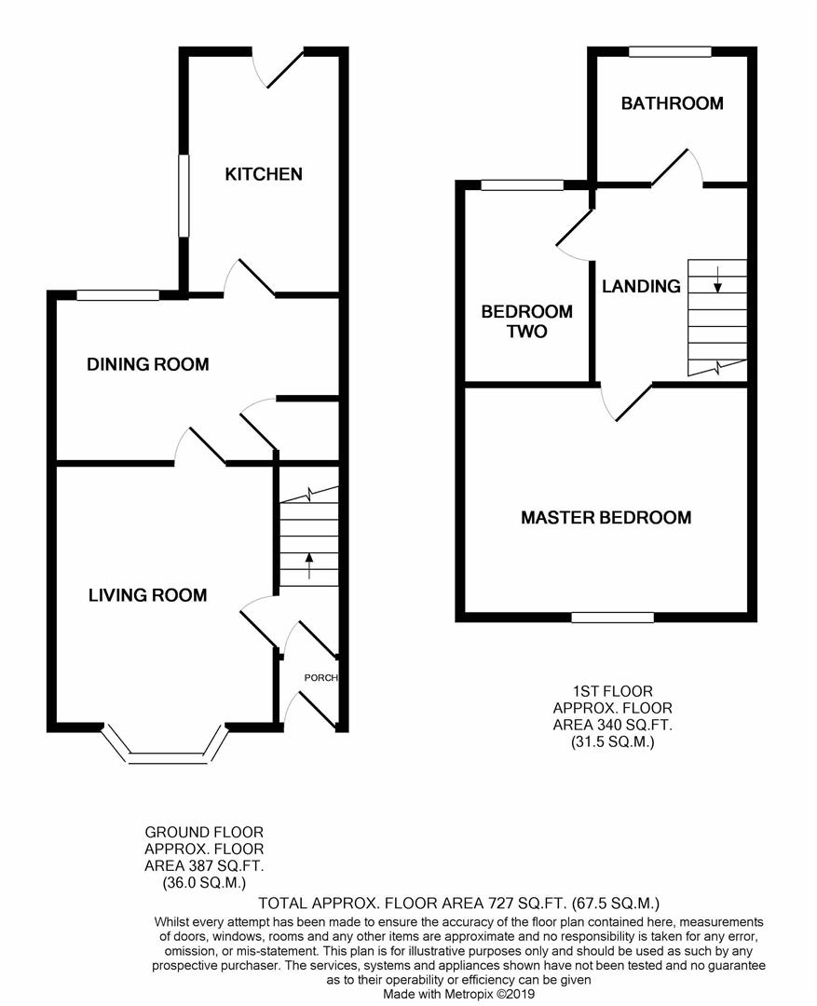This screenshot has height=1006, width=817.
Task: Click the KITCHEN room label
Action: coord(265,174)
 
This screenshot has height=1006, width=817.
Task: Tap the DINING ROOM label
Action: coord(147,364)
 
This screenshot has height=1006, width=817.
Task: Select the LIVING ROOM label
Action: coord(147,595)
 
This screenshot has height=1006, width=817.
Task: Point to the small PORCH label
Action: coord(320,677)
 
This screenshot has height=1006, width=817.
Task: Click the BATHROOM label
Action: coord(672,103)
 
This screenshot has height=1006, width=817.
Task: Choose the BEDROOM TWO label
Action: coord(526,321)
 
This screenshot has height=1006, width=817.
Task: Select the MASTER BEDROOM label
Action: coord(606,517)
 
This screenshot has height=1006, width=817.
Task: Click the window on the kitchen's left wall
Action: coord(184,195)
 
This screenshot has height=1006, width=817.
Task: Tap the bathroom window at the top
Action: coord(670,52)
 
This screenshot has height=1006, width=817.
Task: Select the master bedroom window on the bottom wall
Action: coord(612,617)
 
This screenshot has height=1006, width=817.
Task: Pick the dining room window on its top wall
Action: coord(118,295)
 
